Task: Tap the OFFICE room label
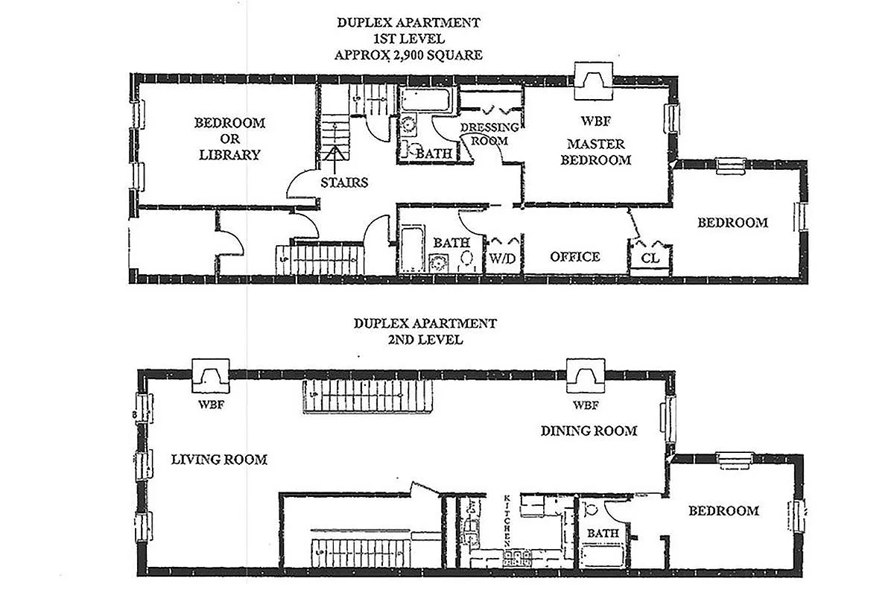(574, 257)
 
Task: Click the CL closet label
(650, 258)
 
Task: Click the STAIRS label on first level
(343, 182)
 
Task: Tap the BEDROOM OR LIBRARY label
(229, 139)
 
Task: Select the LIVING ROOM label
(219, 460)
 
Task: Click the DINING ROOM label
(589, 431)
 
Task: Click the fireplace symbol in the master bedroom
(593, 80)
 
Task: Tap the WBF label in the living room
(211, 405)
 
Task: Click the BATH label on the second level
(602, 533)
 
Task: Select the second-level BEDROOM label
(723, 511)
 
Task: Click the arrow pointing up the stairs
(335, 154)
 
